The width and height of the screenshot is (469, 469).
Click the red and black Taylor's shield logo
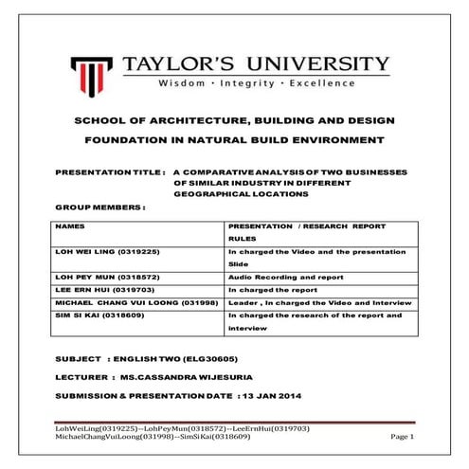point(91,72)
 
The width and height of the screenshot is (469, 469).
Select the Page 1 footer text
point(403,437)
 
